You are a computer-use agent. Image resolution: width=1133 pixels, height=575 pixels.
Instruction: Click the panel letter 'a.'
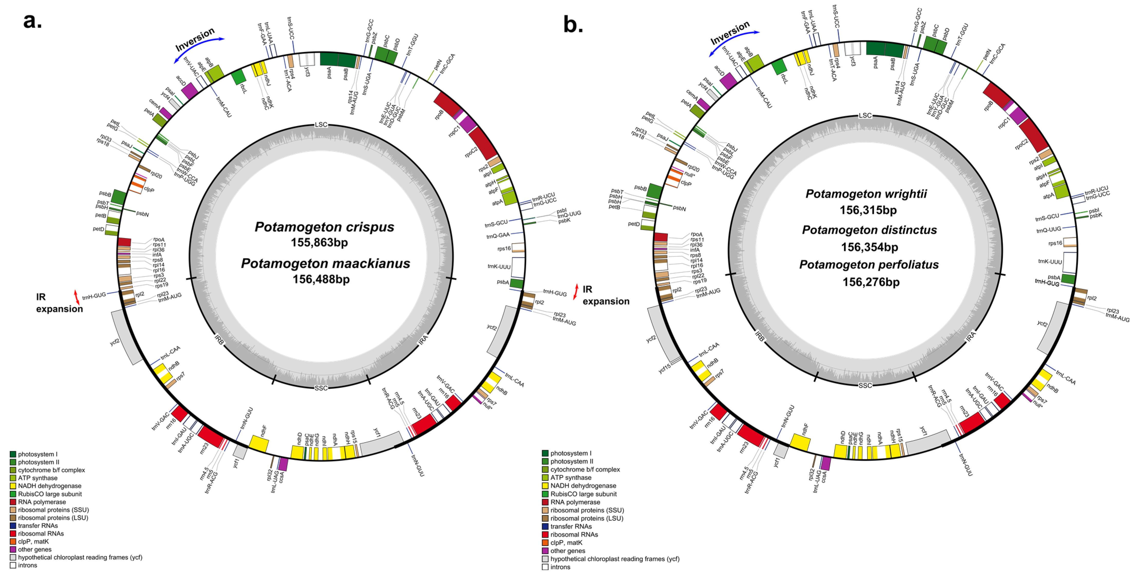pos(33,21)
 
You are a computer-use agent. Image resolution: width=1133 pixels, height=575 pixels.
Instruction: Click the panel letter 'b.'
pos(573,24)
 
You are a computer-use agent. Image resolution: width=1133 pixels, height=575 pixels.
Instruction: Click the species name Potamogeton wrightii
pos(866,194)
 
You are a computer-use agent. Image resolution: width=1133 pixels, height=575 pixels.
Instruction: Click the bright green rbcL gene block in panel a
pos(238,77)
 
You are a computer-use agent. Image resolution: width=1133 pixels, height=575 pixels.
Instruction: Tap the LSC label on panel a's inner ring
pos(321,125)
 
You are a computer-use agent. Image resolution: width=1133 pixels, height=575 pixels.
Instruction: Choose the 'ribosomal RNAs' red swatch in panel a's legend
pos(13,534)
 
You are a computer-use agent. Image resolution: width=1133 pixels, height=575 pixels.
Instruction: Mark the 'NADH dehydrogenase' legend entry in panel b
pos(583,486)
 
